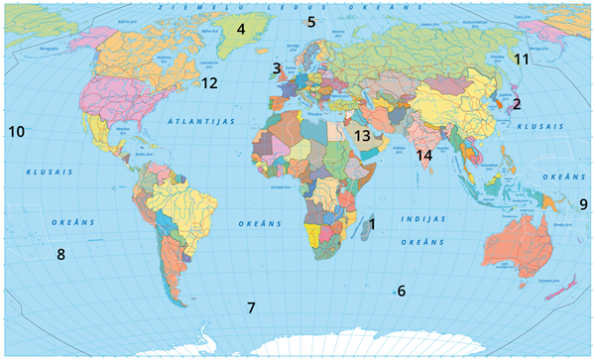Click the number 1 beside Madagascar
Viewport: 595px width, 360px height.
point(372,224)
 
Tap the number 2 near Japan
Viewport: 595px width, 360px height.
point(516,102)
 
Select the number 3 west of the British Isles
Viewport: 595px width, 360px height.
point(276,68)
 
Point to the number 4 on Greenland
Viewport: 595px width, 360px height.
point(240,29)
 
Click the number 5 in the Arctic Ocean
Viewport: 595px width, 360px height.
point(310,21)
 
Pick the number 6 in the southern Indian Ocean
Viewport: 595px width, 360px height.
point(402,291)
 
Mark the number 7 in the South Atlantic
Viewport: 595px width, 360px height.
point(251,307)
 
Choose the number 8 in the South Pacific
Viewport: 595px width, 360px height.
point(60,254)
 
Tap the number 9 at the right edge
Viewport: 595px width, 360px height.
point(583,204)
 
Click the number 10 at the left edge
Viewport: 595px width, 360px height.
point(16,130)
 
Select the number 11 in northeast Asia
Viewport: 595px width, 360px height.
point(522,60)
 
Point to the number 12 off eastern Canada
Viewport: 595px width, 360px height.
point(209,83)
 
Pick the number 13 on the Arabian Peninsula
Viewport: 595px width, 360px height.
point(363,135)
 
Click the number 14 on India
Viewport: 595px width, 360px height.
point(424,155)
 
